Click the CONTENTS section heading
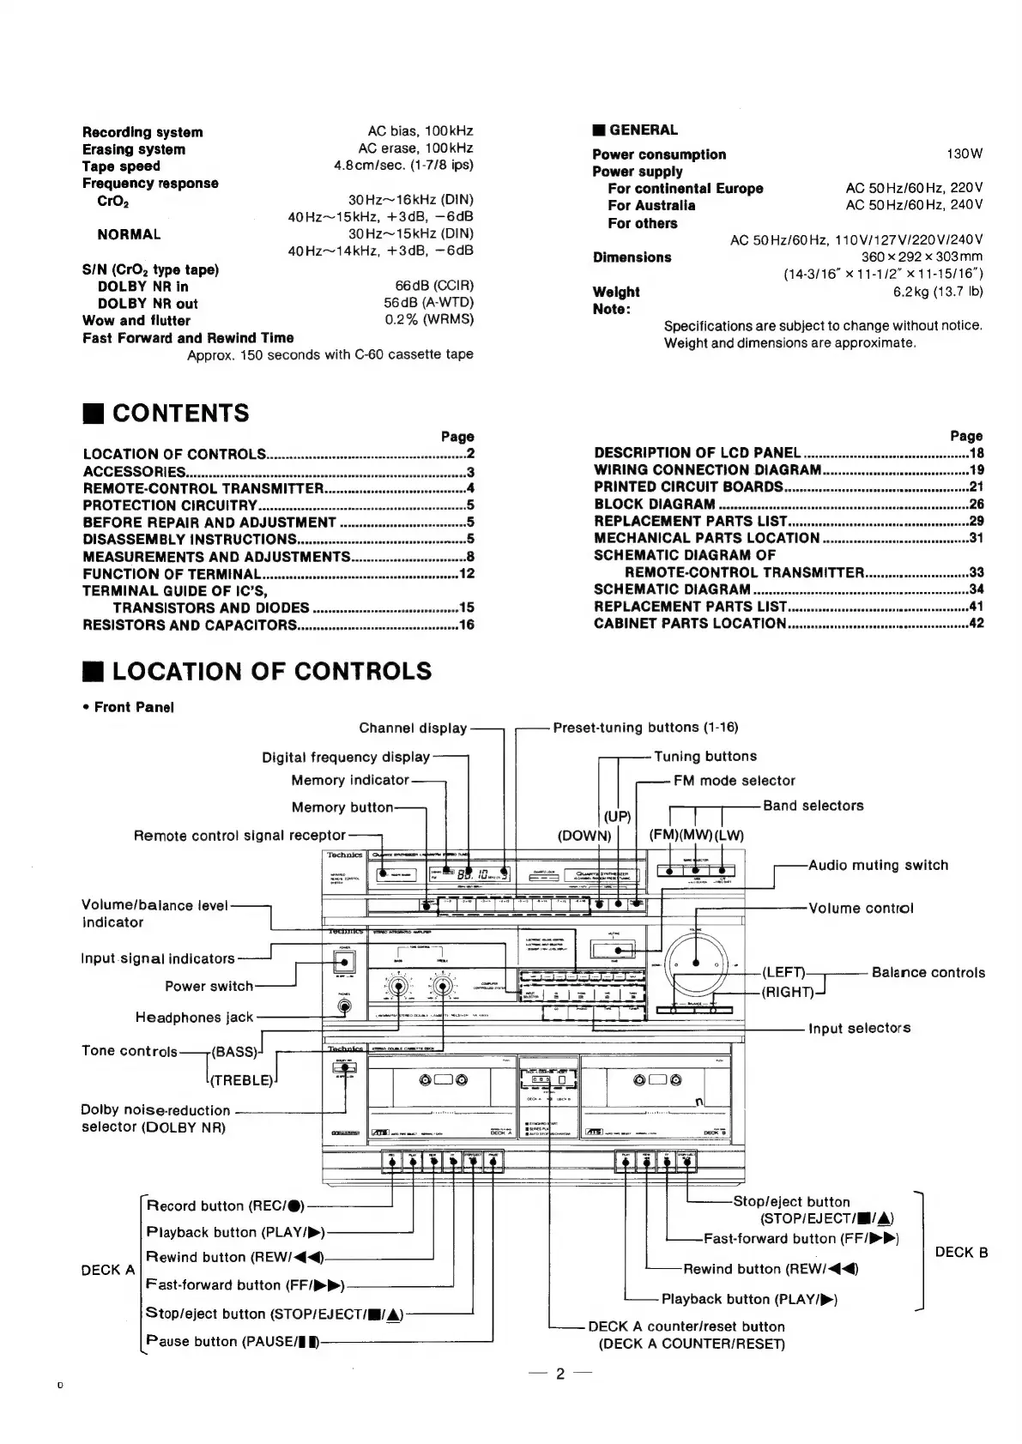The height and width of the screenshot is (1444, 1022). (x=180, y=414)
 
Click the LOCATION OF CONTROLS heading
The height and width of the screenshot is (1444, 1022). (x=272, y=671)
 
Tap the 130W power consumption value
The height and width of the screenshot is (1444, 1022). (x=965, y=154)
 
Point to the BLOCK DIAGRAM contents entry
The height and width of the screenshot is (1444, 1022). (x=655, y=504)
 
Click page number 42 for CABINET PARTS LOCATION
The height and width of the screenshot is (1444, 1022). (x=976, y=624)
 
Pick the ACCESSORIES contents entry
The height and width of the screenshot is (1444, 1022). (x=134, y=472)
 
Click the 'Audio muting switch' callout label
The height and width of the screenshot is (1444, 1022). (x=878, y=865)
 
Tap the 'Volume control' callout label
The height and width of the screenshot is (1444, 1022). (x=861, y=908)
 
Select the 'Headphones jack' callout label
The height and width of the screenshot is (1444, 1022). (x=195, y=1018)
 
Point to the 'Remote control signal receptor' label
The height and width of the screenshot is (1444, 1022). (x=239, y=835)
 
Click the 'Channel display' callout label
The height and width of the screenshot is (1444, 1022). (x=413, y=728)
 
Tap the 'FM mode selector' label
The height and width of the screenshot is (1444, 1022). (x=734, y=781)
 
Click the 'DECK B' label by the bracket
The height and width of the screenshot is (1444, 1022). (x=961, y=1253)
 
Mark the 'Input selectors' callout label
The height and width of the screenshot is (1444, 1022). (x=859, y=1028)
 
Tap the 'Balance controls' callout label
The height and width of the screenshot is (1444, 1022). (x=928, y=972)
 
